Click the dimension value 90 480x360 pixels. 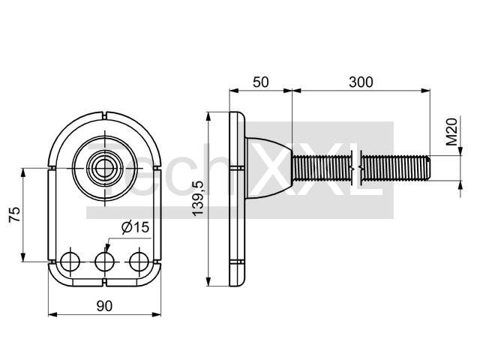point(104,306)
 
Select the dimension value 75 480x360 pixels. point(14,214)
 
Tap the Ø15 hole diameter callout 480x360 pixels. point(135,227)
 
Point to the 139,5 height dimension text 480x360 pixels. point(198,198)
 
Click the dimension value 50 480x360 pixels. point(261,82)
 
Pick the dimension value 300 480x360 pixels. point(361,82)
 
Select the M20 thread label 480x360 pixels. point(451,131)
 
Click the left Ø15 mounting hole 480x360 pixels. point(70,262)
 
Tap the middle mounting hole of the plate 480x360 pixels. point(105,262)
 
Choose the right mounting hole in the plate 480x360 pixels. point(139,262)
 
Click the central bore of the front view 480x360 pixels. point(105,168)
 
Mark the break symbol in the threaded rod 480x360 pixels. point(357,168)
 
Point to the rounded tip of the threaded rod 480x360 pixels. point(428,168)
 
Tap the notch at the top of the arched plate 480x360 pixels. point(105,116)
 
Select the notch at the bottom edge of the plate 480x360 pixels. point(105,283)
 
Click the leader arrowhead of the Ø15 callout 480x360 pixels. point(106,248)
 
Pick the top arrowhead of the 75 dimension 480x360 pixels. point(23,173)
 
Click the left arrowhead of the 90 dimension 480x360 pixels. point(53,314)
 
